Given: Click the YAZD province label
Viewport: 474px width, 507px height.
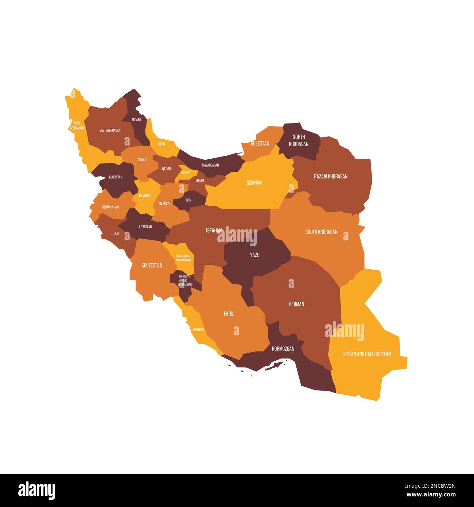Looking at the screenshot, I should (255, 255).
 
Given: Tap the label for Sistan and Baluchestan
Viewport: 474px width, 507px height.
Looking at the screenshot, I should (367, 354).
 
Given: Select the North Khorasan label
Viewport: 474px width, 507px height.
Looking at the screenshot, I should (299, 140).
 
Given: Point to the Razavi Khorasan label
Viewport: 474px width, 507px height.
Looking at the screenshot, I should (331, 176).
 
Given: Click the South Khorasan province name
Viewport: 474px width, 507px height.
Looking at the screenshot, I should (321, 232).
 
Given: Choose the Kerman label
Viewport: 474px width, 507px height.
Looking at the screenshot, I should (296, 304).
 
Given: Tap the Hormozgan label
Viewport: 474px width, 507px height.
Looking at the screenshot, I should (283, 349).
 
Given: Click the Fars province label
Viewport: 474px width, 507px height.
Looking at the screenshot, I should (229, 314).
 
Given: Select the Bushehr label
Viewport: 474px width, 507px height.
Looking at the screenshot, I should (198, 329).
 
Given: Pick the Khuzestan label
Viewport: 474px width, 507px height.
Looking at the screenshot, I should (152, 265).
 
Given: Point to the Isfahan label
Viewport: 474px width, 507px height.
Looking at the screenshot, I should (214, 230).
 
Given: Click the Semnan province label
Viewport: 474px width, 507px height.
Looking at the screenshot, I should (254, 182).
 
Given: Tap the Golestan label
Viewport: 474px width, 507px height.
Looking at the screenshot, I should (260, 143).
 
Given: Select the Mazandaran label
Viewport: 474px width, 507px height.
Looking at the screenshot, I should (210, 165).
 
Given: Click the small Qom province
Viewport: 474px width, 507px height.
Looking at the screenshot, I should (189, 200).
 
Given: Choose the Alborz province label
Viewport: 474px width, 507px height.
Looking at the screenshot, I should (186, 173).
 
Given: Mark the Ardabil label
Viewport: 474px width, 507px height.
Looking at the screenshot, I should (136, 119).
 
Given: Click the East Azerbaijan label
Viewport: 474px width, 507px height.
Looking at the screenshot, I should (110, 130).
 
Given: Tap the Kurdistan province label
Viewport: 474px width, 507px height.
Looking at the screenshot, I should (116, 177).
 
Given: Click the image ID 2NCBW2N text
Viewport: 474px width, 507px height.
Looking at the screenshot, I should (438, 485).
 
